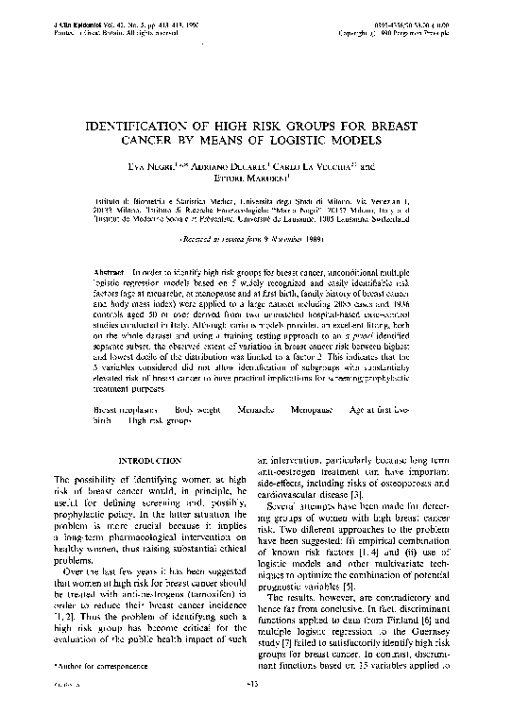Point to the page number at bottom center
point(253,707)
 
